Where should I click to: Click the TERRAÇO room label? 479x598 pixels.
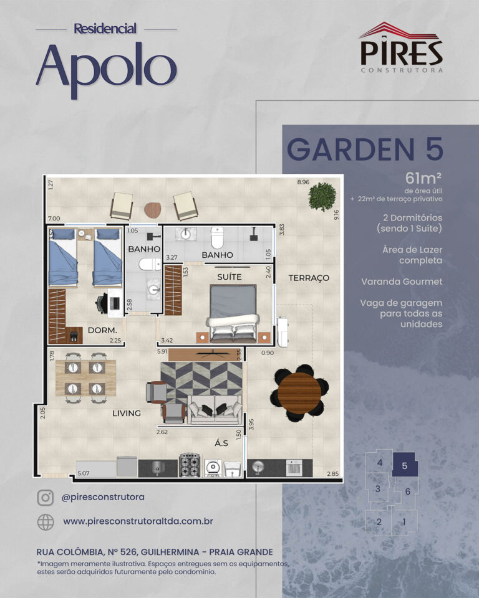click(309, 278)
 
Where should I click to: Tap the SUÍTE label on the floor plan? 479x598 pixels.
click(229, 277)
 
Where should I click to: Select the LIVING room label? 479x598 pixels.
click(127, 413)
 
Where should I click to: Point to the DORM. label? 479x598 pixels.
click(102, 330)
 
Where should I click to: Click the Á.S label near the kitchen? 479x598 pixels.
click(221, 443)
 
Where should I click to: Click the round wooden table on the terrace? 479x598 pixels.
click(300, 393)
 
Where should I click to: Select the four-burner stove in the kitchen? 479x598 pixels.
click(190, 465)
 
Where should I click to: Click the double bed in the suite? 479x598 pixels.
click(233, 312)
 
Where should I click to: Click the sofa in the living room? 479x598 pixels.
click(215, 410)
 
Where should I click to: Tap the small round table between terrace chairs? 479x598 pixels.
click(153, 209)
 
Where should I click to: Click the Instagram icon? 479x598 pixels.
click(46, 498)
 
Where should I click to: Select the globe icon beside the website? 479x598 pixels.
click(46, 522)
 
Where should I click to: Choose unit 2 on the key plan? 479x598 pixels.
click(379, 522)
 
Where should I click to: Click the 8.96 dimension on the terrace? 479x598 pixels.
click(303, 183)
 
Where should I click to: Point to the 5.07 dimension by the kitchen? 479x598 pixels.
click(84, 473)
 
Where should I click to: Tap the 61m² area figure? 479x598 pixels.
click(423, 178)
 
